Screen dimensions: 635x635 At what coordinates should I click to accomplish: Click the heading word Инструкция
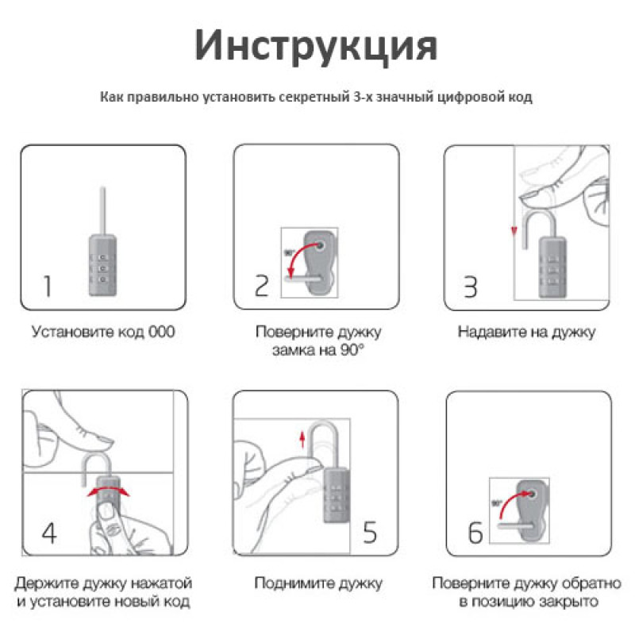(316, 46)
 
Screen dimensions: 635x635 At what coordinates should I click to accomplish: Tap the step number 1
(48, 287)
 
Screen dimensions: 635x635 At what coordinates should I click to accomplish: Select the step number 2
(262, 286)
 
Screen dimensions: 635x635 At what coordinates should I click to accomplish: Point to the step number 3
(470, 287)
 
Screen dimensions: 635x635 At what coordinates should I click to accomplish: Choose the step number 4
(49, 533)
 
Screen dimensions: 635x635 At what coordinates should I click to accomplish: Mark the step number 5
(370, 533)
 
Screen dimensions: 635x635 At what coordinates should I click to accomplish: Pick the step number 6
(475, 533)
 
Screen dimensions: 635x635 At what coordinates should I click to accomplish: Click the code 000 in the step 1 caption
(162, 332)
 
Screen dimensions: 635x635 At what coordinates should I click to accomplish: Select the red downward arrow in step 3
(514, 231)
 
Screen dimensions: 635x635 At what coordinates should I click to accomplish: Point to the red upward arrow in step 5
(302, 439)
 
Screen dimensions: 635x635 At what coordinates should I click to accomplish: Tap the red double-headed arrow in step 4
(109, 491)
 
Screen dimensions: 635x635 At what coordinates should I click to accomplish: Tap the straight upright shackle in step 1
(103, 210)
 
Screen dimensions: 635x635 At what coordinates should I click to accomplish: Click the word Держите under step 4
(46, 583)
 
